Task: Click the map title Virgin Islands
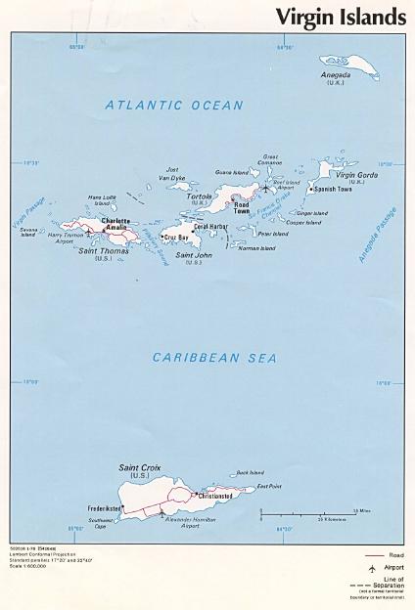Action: (x=340, y=17)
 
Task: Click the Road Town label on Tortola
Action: (x=242, y=208)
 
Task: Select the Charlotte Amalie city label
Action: (x=115, y=223)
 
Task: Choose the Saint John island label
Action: (x=187, y=255)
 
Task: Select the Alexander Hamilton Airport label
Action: (x=177, y=522)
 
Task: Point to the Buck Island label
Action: (x=251, y=473)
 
